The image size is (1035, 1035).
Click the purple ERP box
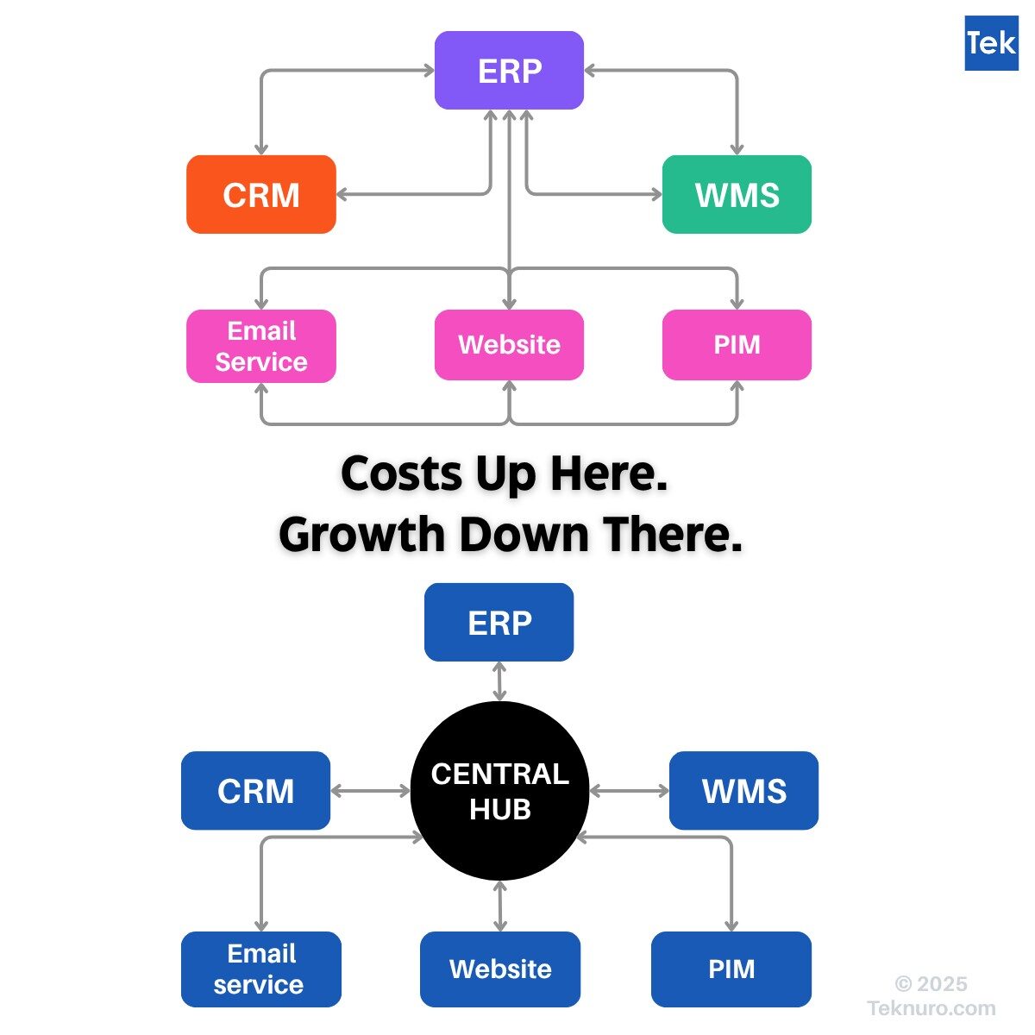coord(509,71)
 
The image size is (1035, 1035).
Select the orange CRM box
coord(261,194)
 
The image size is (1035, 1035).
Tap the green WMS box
coord(737,194)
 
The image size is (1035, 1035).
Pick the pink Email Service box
coord(261,346)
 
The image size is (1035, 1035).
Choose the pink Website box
coord(509,345)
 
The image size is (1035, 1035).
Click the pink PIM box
coord(737,345)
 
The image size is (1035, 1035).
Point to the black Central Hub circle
coord(499,791)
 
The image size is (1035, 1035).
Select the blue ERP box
coord(499,622)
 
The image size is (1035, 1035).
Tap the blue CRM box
coord(255,791)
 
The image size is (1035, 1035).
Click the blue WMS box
coord(743,791)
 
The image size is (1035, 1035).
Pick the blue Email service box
coord(260,969)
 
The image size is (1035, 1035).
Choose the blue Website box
coord(500,969)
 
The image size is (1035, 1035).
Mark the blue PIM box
coord(731,969)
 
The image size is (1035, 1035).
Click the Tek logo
coord(991,43)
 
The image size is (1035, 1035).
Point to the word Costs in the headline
coord(401,474)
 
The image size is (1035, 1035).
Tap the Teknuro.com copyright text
coord(931,1007)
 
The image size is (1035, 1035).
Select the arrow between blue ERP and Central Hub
coord(499,681)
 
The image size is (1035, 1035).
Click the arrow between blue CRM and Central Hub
coord(371,791)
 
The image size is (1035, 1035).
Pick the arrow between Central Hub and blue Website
coord(500,906)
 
